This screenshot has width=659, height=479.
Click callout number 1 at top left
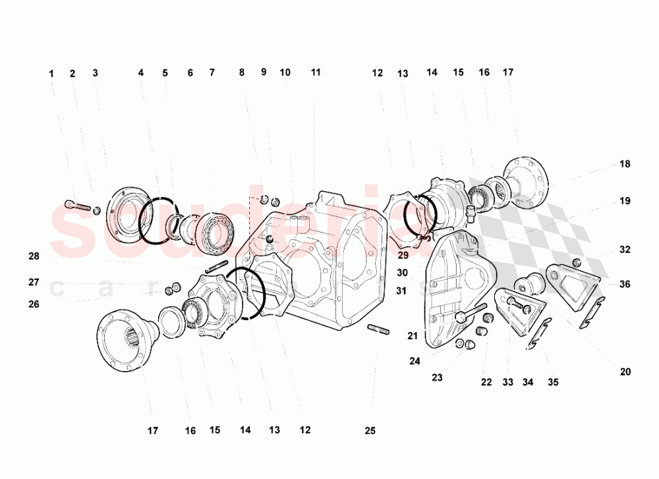point(51,74)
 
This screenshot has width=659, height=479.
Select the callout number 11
point(316,72)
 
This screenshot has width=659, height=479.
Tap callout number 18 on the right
point(625,164)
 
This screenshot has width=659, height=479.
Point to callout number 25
point(370,431)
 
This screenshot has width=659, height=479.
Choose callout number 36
point(625,284)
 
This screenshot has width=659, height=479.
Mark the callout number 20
point(625,372)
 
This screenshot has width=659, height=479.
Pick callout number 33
point(509,382)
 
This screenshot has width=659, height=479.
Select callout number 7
point(212,73)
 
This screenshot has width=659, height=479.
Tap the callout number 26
point(34,304)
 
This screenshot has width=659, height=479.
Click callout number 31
point(402,291)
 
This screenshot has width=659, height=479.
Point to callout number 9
point(264,72)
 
